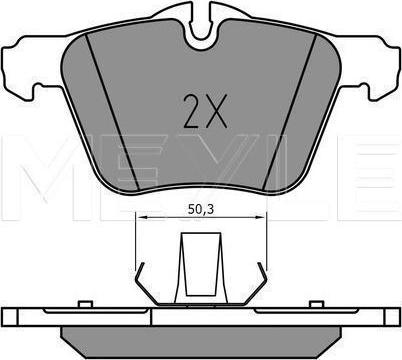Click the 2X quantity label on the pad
coord(205,111)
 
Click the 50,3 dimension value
coord(201,210)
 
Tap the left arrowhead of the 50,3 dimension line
coord(142,217)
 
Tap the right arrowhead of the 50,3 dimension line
coord(260,217)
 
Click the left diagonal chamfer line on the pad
coord(112,112)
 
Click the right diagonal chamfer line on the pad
coord(289,112)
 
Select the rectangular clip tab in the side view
coord(201,264)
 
